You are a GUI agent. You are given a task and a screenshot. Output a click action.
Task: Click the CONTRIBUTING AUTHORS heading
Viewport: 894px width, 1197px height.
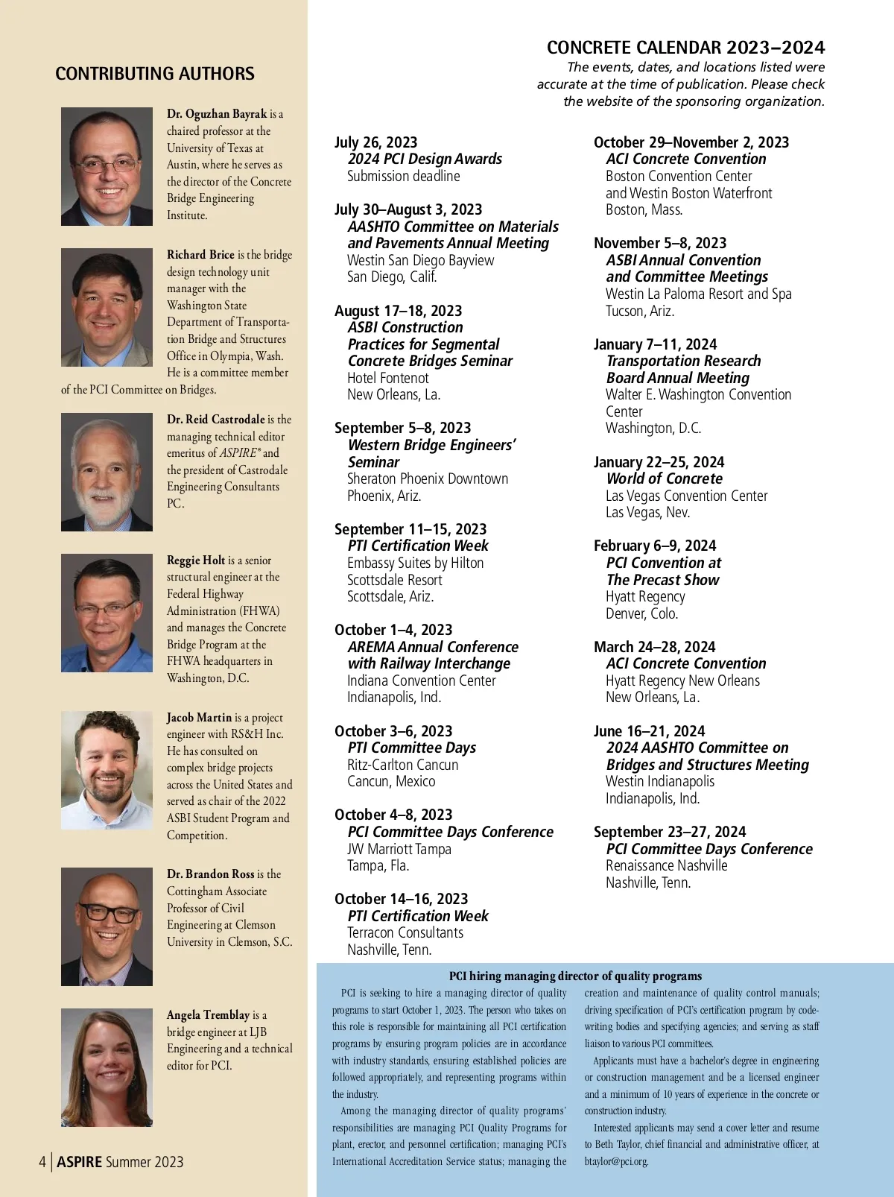pos(154,74)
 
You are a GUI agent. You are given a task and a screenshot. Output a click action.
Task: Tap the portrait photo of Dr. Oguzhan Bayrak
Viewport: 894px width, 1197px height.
pos(107,166)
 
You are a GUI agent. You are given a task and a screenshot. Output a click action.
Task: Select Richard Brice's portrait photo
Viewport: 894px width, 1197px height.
pos(107,307)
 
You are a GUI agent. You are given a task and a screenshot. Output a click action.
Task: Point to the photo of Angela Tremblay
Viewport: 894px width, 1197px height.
pos(107,1067)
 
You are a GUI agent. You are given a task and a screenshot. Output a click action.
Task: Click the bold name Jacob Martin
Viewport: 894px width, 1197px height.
pos(199,717)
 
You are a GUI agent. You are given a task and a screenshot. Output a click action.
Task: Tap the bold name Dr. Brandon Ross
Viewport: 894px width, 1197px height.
pos(211,874)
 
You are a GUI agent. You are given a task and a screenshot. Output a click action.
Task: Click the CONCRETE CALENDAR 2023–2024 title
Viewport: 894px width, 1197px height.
pos(685,48)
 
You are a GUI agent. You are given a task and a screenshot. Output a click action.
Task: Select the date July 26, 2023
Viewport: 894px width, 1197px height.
pos(375,142)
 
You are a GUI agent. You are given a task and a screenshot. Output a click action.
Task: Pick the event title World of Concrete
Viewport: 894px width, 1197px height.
pos(664,479)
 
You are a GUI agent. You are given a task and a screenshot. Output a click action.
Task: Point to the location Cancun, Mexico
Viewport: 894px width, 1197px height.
pos(391,781)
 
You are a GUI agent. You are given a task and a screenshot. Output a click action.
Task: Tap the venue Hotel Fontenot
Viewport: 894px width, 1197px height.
pos(387,378)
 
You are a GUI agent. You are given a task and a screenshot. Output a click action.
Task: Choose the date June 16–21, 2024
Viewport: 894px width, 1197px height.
pos(649,731)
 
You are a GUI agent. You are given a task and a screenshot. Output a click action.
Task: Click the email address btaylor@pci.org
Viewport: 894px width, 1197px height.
pos(616,1161)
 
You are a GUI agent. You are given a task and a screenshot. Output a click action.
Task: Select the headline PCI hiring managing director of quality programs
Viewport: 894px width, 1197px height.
pos(575,976)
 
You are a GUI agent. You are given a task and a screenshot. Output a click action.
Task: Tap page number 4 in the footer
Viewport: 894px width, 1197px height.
pos(42,1162)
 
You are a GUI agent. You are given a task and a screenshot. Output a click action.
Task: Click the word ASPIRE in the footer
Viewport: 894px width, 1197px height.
pos(79,1162)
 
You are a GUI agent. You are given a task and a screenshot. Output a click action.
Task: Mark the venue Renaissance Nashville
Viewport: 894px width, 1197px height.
pos(666,865)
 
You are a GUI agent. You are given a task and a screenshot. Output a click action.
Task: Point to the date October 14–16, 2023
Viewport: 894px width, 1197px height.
pos(401,899)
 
